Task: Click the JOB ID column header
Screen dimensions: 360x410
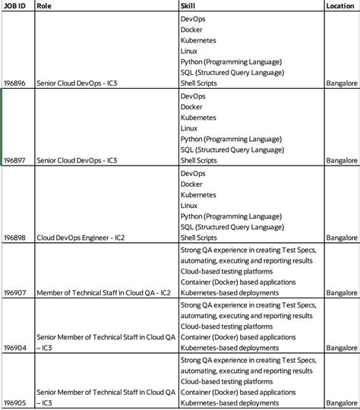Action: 14,5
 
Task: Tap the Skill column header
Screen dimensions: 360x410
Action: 188,5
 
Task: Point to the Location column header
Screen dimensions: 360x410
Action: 339,5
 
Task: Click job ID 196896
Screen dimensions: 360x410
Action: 14,84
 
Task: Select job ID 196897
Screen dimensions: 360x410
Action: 14,161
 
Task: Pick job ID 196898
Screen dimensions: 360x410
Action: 14,238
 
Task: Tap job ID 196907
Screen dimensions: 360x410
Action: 14,292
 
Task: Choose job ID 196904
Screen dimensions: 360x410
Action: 14,347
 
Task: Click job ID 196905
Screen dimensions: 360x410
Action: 14,402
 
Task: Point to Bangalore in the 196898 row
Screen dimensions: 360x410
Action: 341,238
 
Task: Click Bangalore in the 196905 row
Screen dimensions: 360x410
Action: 341,402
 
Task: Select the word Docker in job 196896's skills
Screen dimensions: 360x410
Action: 191,30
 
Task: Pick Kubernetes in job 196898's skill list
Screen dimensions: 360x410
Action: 199,194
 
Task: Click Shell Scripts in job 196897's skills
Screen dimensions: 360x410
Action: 199,161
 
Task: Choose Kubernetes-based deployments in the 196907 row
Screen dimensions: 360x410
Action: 229,292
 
